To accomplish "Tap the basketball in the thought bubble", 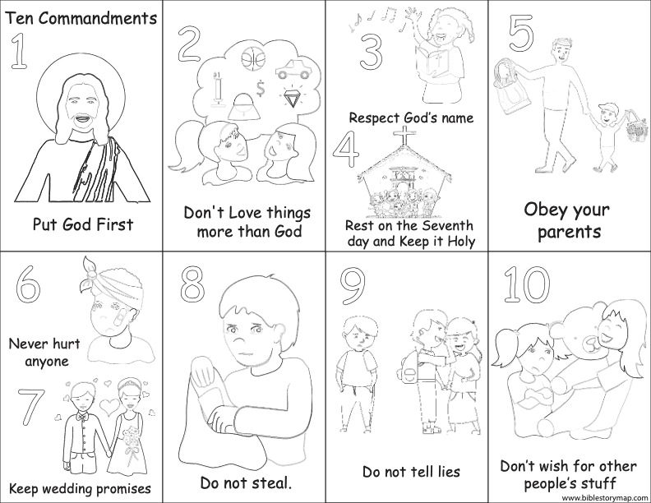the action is [253, 59].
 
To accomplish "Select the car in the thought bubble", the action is [293, 69].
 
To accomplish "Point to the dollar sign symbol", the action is [261, 89].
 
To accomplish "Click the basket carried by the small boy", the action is [636, 127].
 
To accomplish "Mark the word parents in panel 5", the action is [569, 232].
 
